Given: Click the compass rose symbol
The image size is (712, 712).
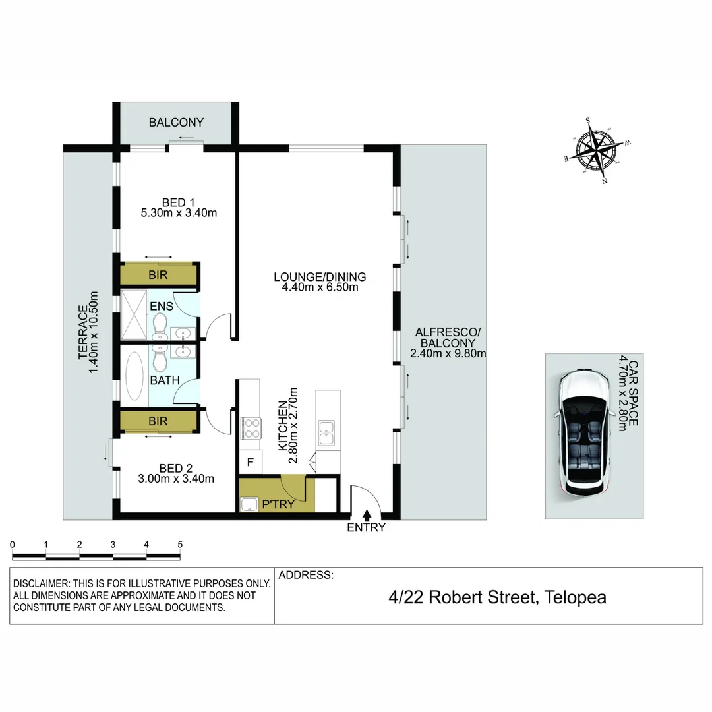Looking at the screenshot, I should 597,151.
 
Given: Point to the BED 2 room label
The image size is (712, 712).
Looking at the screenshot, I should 171,468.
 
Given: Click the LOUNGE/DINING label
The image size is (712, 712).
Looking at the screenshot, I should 320,277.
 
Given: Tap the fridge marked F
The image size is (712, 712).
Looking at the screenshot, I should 250,461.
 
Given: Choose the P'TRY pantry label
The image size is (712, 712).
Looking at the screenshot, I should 278,505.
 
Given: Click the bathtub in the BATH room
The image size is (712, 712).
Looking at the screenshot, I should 134,376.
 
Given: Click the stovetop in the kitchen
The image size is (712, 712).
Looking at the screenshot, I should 251,427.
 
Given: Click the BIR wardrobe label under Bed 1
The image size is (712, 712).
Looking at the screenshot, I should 158,275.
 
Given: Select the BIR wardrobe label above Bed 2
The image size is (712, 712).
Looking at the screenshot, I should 158,421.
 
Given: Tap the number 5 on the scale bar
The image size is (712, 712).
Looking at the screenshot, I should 180,545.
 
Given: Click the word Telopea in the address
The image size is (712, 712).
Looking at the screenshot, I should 574,597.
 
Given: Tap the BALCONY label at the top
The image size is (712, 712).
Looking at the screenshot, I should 176,123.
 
